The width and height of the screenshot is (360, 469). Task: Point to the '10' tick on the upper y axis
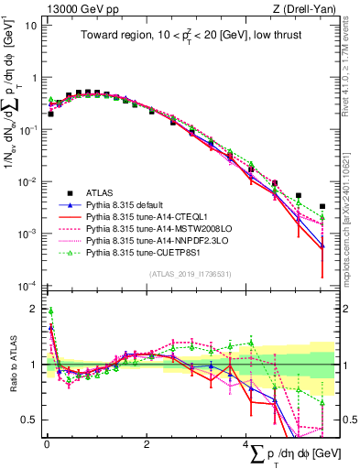(30, 25)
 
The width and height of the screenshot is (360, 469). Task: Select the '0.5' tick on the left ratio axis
(28, 420)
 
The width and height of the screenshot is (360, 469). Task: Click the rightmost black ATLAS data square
(322, 207)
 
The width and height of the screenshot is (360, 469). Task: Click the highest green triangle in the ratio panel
(50, 311)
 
